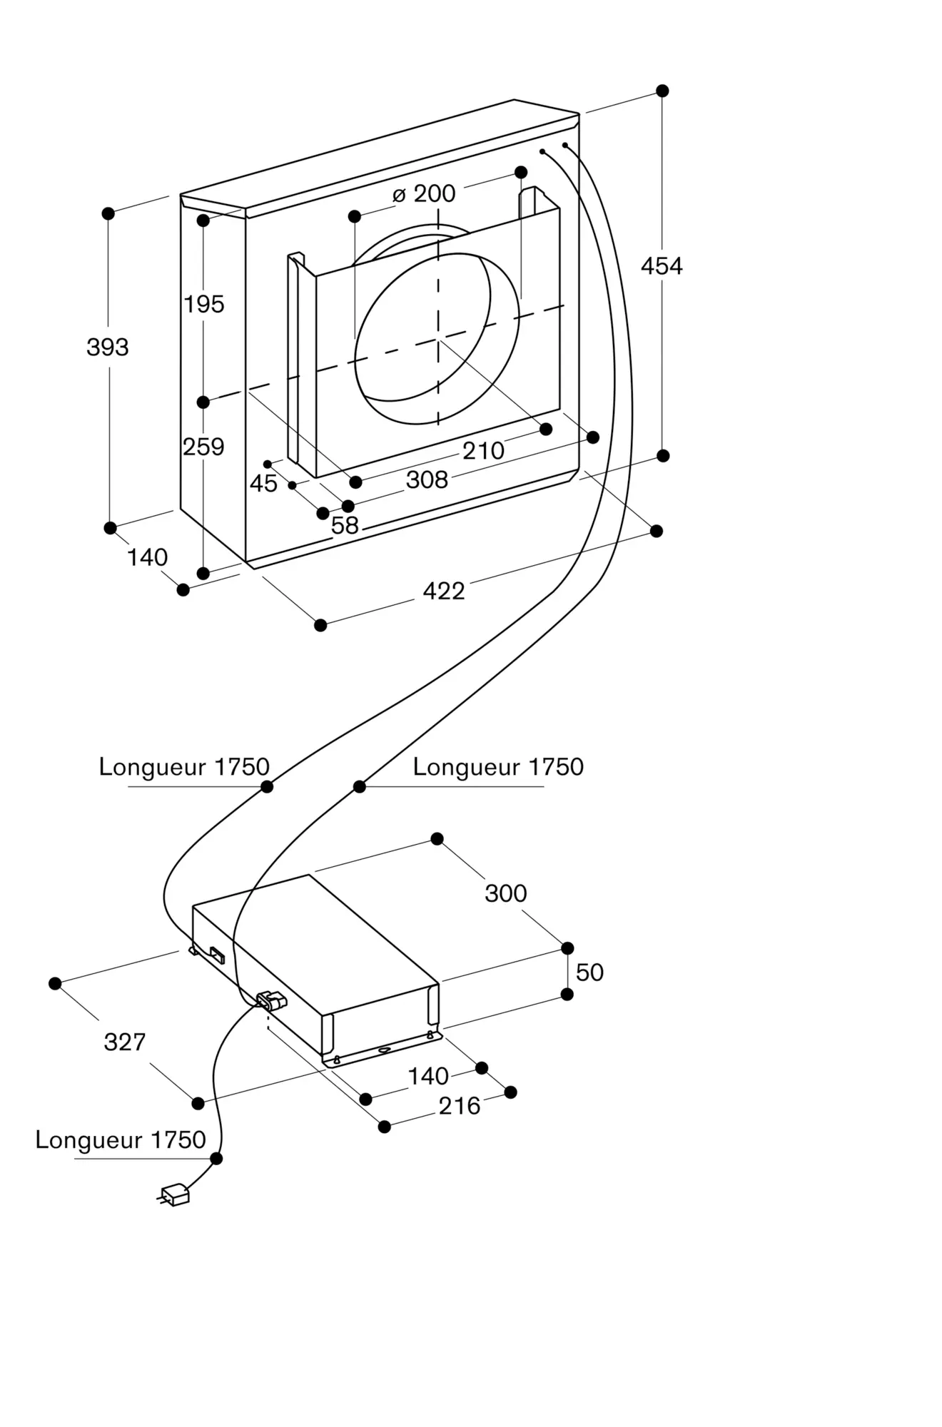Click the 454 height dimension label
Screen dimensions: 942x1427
pyautogui.click(x=662, y=266)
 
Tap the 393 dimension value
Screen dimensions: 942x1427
pyautogui.click(x=108, y=347)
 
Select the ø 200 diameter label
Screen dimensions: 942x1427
pyautogui.click(x=424, y=193)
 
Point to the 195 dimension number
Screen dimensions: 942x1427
pyautogui.click(x=204, y=305)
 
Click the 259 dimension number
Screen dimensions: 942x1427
pyautogui.click(x=203, y=447)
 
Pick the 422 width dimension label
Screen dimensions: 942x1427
pyautogui.click(x=444, y=591)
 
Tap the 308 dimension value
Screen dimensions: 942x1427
pyautogui.click(x=427, y=480)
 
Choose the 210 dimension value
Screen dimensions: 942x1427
pyautogui.click(x=483, y=451)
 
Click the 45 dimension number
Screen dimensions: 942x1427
pyautogui.click(x=263, y=484)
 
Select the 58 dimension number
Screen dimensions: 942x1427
pyautogui.click(x=345, y=526)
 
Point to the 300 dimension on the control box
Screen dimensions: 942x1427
pyautogui.click(x=506, y=893)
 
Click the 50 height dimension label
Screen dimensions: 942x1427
pyautogui.click(x=589, y=973)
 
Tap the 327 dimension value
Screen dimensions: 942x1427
pyautogui.click(x=125, y=1042)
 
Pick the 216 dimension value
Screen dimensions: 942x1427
pyautogui.click(x=460, y=1107)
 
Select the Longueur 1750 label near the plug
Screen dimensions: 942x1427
pyautogui.click(x=121, y=1140)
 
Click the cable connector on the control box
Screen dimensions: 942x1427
pyautogui.click(x=271, y=1001)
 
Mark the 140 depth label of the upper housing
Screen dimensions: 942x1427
pyautogui.click(x=147, y=557)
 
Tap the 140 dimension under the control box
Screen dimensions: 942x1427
pyautogui.click(x=428, y=1077)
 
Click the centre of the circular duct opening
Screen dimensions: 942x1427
pyautogui.click(x=437, y=340)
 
